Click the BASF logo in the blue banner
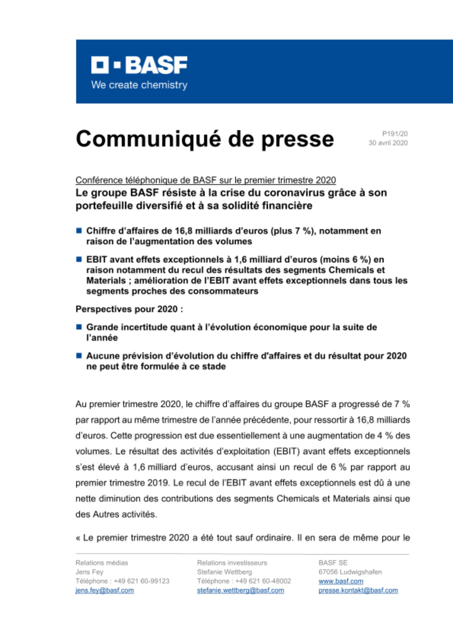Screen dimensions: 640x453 [139, 65]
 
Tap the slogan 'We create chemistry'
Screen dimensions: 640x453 [139, 85]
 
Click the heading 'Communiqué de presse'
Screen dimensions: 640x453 [205, 139]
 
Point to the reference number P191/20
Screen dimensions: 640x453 [395, 134]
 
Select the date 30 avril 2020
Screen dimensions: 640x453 [388, 143]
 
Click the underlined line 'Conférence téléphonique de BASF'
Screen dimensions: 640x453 [206, 180]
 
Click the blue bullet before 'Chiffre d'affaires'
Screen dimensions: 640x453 [79, 231]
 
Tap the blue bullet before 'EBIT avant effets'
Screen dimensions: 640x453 [79, 259]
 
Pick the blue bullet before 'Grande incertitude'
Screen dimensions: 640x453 [79, 327]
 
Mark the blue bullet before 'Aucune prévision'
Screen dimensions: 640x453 [79, 356]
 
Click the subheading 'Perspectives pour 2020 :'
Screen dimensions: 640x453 [129, 309]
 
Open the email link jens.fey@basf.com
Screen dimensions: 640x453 [105, 590]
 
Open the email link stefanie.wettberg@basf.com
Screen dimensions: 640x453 [240, 590]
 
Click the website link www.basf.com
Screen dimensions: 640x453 [341, 581]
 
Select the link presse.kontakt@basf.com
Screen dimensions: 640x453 [358, 590]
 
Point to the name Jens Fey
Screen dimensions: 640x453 [89, 572]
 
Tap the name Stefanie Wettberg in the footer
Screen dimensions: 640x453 [225, 572]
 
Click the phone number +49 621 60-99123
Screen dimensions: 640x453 [141, 581]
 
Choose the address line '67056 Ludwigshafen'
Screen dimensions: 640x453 [350, 572]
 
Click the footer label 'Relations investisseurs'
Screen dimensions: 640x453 [232, 563]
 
